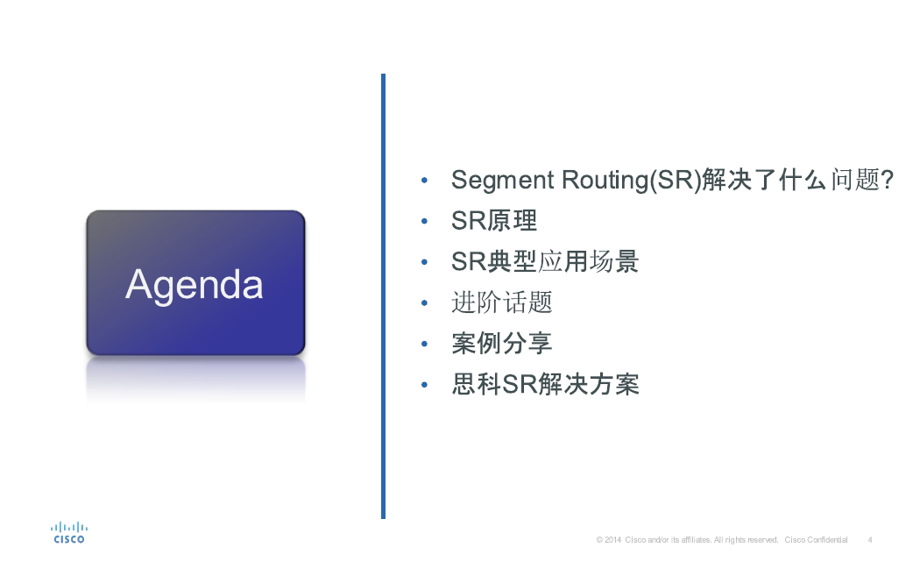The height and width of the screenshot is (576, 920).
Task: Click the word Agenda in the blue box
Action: pos(195,286)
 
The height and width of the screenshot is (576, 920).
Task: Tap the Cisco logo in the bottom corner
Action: pos(69,532)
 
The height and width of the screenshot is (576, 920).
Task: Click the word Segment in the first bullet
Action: pos(502,181)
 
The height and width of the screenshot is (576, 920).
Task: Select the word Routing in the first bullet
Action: pos(604,181)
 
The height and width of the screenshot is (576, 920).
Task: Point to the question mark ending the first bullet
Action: pos(887,180)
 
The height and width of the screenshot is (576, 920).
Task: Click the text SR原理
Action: pos(494,221)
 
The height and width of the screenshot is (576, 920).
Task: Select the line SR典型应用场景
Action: pos(545,262)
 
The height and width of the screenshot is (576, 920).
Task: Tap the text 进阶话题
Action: pos(502,303)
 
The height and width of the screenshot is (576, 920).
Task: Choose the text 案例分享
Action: pos(502,344)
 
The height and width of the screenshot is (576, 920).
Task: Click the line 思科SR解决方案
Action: pos(545,385)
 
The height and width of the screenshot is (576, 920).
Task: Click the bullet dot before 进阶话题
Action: pos(424,303)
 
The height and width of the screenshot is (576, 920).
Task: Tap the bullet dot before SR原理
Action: pos(424,221)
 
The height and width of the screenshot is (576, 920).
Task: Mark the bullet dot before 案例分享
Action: pos(424,344)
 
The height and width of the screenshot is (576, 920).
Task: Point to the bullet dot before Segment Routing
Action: pos(424,181)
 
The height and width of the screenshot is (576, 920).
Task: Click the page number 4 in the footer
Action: pos(870,540)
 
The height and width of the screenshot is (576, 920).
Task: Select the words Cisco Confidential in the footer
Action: pos(816,540)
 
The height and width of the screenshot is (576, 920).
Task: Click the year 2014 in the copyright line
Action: pos(613,540)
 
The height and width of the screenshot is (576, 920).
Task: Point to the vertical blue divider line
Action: pos(383,296)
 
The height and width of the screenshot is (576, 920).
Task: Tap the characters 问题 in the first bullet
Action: pos(855,180)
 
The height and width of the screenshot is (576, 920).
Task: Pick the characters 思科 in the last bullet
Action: pos(477,385)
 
